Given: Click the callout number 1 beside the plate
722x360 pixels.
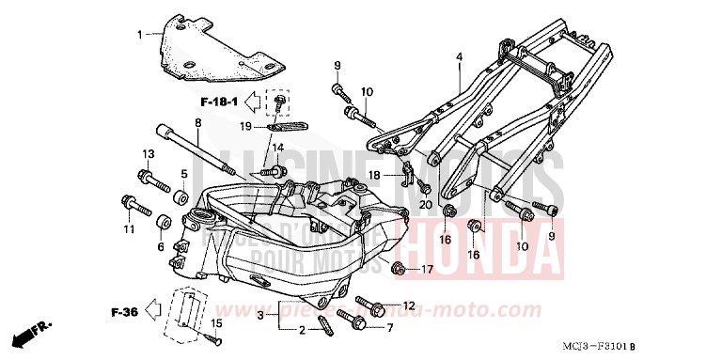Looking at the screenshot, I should (140, 35).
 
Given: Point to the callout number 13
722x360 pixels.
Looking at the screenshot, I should (148, 154).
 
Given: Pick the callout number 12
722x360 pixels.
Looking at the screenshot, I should (410, 306).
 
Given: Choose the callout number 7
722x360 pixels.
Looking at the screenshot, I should (388, 328).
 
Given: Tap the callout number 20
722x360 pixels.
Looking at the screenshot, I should (425, 205).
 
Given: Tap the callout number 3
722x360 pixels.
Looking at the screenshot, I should (260, 319).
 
